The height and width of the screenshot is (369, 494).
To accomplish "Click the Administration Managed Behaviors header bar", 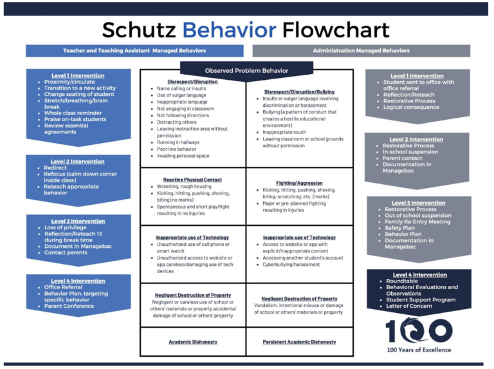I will click(361, 50).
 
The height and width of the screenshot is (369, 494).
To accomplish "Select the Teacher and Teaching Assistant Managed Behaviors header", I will click(134, 50).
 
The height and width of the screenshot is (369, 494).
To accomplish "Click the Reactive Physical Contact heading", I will click(193, 180).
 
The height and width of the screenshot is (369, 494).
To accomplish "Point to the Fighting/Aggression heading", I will click(299, 183).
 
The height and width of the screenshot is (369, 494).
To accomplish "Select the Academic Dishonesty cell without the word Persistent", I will click(193, 342).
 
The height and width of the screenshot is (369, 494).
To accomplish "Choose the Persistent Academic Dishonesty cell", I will click(299, 342).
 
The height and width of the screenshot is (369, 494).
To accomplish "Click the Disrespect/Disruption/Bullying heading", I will click(300, 91).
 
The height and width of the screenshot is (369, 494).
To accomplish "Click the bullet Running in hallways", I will click(179, 143).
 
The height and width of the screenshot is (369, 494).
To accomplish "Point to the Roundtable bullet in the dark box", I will click(403, 281).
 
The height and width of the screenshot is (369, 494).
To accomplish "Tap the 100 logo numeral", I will click(419, 330).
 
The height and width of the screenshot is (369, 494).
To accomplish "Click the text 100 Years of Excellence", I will click(419, 350).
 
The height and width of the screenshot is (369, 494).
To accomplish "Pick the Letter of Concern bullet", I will click(414, 306).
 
